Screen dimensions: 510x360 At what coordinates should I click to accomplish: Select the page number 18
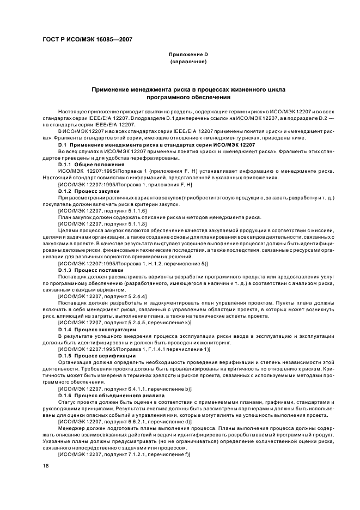46,465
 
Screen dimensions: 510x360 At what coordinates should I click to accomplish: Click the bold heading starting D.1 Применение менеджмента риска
156,145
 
